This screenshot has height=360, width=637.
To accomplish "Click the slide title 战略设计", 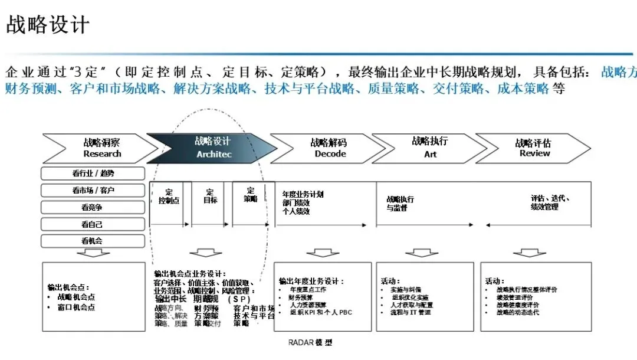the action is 48,25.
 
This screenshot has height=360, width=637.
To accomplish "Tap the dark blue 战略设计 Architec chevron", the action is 213,148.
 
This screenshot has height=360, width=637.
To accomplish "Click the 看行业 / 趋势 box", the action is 93,174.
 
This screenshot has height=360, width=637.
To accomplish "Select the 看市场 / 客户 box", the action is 93,191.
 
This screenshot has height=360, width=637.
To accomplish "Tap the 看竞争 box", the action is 93,207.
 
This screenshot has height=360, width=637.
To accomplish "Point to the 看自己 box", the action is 93,224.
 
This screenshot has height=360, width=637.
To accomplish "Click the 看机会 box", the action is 93,241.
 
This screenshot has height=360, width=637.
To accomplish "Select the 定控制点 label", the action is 169,197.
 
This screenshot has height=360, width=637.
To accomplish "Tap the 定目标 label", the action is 211,196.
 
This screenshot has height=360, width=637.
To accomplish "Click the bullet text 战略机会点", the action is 76,297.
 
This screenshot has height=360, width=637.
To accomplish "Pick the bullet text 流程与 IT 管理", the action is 411,312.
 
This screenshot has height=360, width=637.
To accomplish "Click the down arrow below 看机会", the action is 93,253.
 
